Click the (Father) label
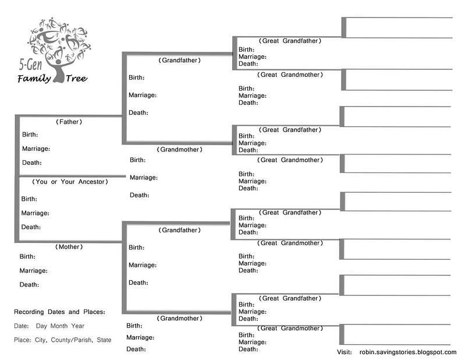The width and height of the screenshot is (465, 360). click(x=69, y=122)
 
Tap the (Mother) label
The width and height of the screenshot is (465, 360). click(x=69, y=246)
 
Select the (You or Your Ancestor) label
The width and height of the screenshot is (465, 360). click(x=70, y=182)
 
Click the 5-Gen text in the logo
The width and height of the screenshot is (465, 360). click(x=31, y=65)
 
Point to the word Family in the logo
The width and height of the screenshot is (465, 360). click(x=34, y=79)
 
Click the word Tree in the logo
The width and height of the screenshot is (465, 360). click(x=76, y=79)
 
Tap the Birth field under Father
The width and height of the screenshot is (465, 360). click(x=30, y=135)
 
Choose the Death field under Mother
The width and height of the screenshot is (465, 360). click(x=29, y=285)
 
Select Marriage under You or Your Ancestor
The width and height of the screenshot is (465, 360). click(x=35, y=213)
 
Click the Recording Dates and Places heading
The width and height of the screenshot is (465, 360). click(x=59, y=312)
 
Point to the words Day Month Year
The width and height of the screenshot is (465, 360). click(x=60, y=326)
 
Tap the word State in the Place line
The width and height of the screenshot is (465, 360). click(x=104, y=340)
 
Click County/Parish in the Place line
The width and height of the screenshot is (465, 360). click(x=72, y=340)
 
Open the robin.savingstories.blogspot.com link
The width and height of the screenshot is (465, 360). click(x=408, y=352)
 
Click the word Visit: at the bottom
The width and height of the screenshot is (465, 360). click(x=345, y=352)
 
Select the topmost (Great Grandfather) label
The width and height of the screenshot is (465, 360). click(x=290, y=41)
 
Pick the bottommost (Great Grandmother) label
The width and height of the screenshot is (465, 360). click(x=290, y=328)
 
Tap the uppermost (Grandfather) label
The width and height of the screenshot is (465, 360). click(x=180, y=60)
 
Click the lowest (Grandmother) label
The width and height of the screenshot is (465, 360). click(x=180, y=318)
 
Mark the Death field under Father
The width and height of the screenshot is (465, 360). click(x=32, y=163)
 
